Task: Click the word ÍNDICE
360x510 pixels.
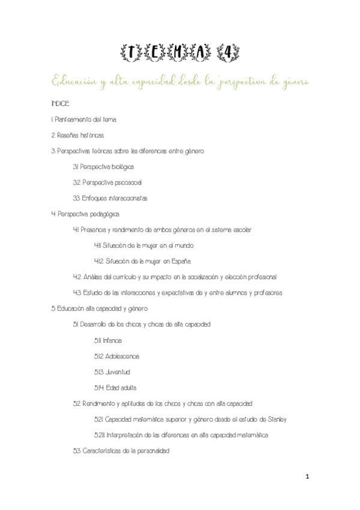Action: pyautogui.click(x=61, y=103)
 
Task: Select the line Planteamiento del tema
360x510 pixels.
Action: pyautogui.click(x=86, y=119)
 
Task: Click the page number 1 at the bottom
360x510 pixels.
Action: pyautogui.click(x=307, y=476)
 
